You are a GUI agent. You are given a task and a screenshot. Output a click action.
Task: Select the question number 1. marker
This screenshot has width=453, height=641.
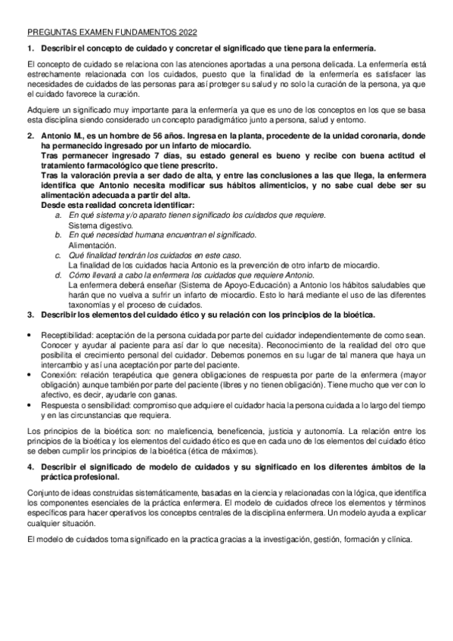(30, 48)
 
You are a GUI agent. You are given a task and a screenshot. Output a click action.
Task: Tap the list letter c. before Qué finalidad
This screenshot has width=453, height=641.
(58, 255)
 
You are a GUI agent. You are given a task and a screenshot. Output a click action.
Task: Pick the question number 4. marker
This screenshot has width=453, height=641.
(30, 466)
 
